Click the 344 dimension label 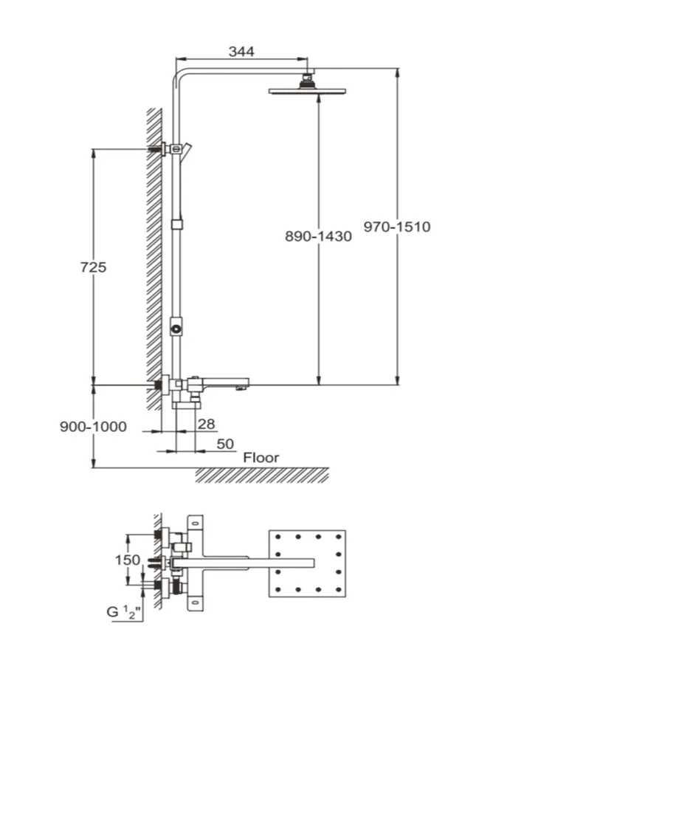[241, 52]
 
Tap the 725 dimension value [93, 267]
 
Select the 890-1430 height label [318, 236]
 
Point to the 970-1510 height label [397, 227]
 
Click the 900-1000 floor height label [93, 426]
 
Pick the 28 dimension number [207, 424]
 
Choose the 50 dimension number [225, 444]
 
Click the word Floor [261, 458]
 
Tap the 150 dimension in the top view [128, 560]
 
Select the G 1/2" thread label [124, 611]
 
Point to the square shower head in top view [307, 563]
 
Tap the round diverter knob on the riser [176, 329]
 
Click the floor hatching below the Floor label [263, 475]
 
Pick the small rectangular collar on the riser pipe [178, 224]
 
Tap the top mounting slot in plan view [196, 523]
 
